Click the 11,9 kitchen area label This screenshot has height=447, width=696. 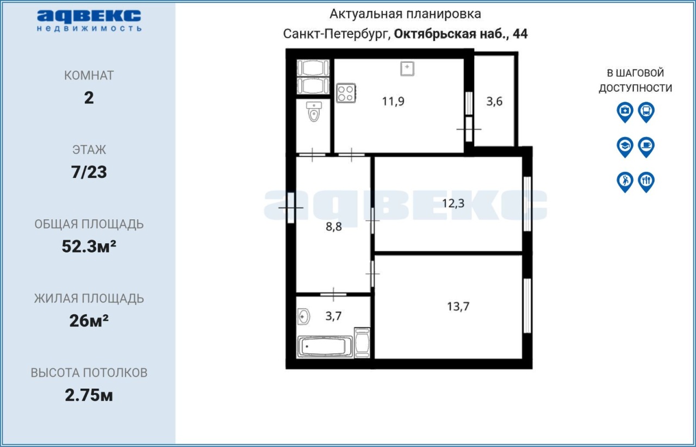pos(393,101)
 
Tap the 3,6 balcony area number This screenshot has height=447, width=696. pos(494,101)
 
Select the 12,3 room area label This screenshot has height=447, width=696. pos(453,203)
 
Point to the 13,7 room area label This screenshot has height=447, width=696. pos(458,307)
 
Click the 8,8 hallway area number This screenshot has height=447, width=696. pos(334,227)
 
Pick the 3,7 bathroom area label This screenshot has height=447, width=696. pos(333,316)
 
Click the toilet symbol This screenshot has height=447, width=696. pos(314,111)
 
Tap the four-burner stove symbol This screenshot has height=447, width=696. pos(346,93)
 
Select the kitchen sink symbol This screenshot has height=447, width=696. pos(407,69)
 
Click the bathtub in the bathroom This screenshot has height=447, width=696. pos(325,346)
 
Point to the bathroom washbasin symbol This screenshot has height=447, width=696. pos(303,316)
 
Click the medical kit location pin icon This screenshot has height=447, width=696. pos(625,112)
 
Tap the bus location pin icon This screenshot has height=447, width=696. pos(647,112)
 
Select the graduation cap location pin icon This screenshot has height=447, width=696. pos(625,147)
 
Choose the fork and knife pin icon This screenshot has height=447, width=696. pos(647,182)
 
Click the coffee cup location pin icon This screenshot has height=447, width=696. pos(647,147)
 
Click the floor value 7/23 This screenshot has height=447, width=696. pos(89,172)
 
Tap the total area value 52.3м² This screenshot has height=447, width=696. pos(89,246)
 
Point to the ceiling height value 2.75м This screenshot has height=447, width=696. pos(89,395)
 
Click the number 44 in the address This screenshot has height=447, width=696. pos(520,34)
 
